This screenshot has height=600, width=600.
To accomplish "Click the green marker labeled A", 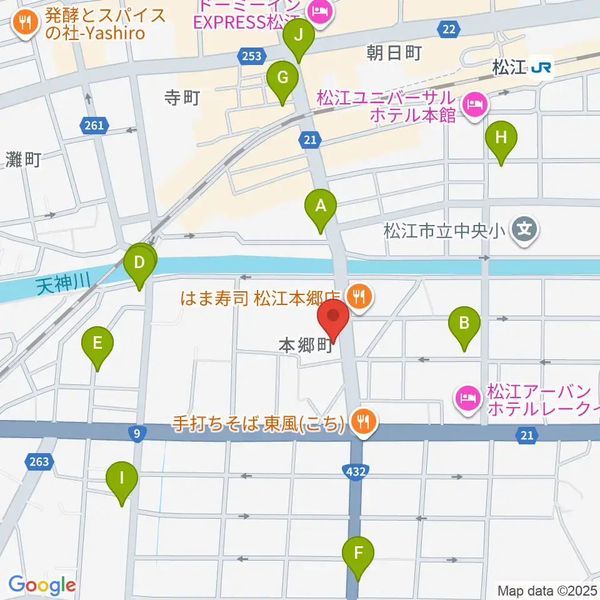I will [x=321, y=206].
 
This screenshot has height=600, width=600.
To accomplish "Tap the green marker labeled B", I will [x=464, y=324].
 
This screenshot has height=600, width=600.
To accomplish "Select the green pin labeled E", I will [x=97, y=344].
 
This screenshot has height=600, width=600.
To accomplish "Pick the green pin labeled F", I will [x=358, y=553].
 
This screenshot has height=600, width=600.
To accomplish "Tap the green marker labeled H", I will [x=501, y=137].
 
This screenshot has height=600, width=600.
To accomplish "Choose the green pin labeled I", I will [x=122, y=479].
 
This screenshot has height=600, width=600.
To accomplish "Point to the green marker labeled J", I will [x=299, y=36].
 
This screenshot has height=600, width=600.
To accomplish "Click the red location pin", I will [x=334, y=316].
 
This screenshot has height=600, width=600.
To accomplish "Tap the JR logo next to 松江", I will [x=541, y=67].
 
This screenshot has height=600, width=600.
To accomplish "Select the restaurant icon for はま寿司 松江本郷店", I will [x=359, y=296].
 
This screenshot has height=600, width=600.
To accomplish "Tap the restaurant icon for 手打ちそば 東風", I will [x=363, y=423].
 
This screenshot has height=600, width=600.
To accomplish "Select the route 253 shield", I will [x=250, y=57].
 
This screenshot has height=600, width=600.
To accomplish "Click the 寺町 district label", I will [x=181, y=98].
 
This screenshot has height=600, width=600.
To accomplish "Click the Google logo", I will [x=42, y=585].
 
